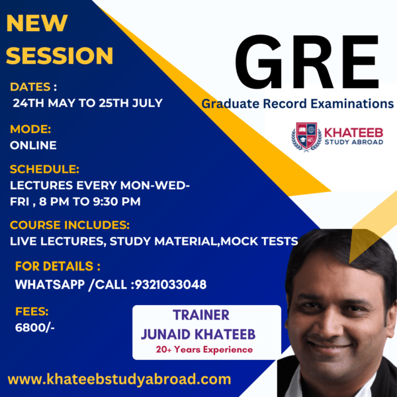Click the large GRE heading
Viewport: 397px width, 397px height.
click(307, 62)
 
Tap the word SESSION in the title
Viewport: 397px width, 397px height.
click(60, 56)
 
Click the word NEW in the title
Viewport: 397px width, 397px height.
click(37, 23)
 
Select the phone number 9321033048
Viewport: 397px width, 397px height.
click(171, 285)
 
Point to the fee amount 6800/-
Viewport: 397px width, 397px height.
click(34, 328)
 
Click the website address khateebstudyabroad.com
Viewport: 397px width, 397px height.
click(119, 379)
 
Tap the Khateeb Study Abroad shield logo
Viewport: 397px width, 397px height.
click(306, 137)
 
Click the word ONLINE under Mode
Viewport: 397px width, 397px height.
click(33, 145)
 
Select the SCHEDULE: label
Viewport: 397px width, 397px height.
click(44, 169)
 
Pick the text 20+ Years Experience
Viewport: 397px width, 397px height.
click(204, 349)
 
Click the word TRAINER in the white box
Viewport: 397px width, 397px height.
click(201, 315)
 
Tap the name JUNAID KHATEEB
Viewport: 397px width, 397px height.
click(198, 334)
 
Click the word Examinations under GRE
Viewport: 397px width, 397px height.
click(352, 104)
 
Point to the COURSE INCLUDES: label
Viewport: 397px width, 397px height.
click(69, 225)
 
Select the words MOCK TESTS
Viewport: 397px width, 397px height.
click(259, 241)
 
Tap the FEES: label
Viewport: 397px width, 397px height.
click(32, 311)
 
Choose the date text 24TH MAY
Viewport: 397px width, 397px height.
click(44, 103)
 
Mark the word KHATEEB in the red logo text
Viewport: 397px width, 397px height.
click(354, 133)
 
